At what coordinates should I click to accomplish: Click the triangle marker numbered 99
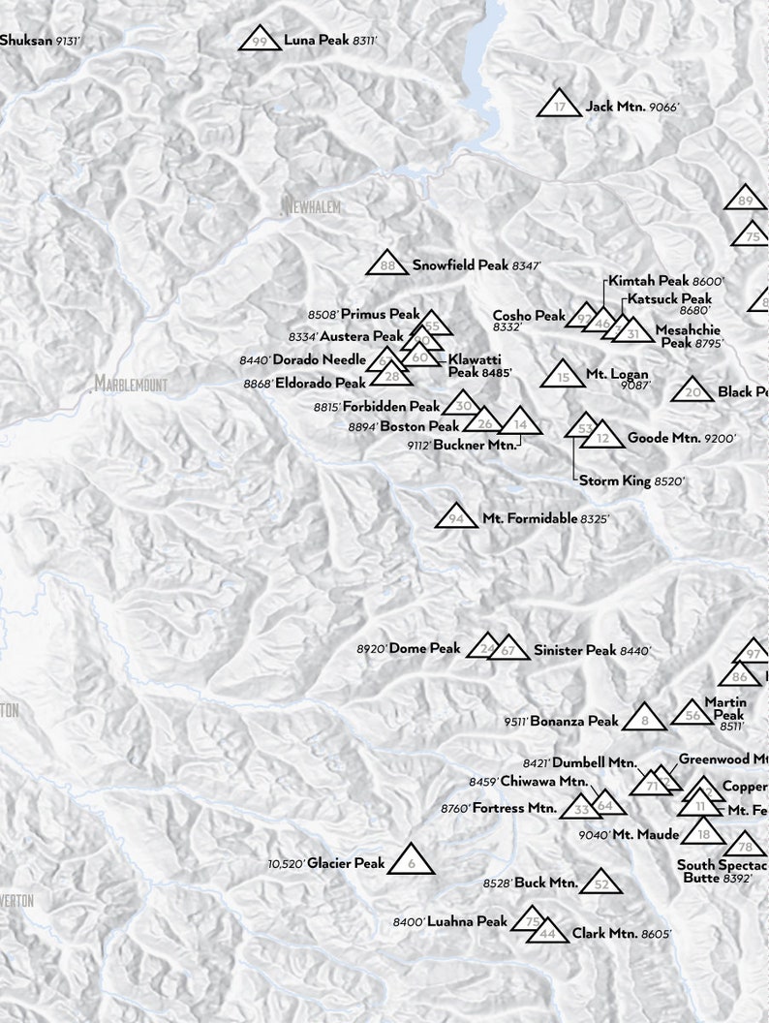tap(259, 40)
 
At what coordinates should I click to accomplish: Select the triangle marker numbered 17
tap(560, 105)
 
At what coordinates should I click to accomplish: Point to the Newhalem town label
tap(312, 206)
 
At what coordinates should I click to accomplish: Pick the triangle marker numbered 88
tap(387, 264)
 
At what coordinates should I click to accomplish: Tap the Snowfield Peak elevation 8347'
tap(526, 265)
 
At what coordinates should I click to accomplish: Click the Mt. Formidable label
tap(529, 519)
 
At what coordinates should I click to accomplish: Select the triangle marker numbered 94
tap(456, 518)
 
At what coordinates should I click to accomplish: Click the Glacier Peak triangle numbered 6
tap(412, 860)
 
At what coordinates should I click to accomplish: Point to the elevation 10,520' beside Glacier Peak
tap(286, 863)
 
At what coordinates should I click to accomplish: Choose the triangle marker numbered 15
tap(563, 376)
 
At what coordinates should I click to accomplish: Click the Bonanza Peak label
tap(573, 721)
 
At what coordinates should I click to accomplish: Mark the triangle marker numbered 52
tap(601, 883)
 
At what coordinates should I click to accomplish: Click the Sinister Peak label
tap(574, 650)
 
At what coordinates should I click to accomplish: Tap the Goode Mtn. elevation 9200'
tap(721, 439)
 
